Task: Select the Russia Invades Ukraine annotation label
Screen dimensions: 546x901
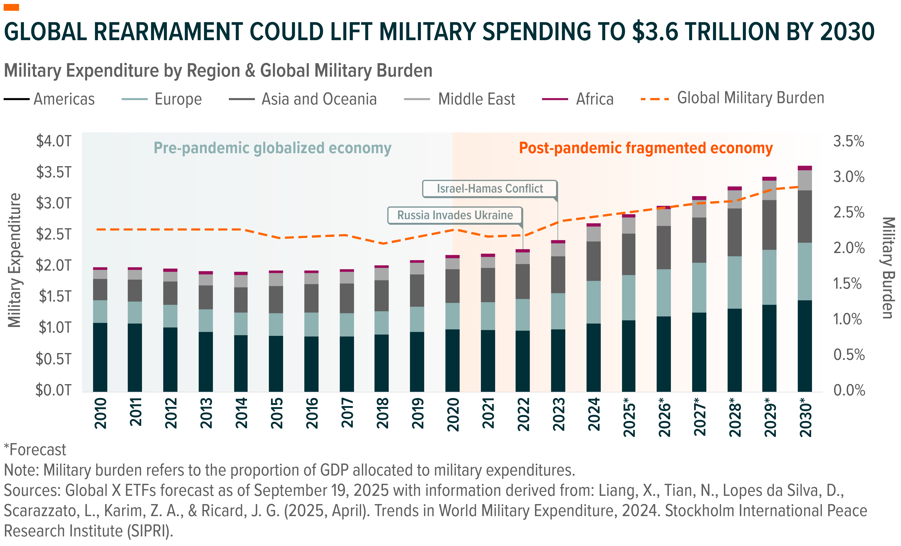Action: [455, 215]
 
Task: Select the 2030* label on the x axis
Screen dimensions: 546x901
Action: [806, 417]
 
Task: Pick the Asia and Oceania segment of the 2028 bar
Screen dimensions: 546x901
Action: [734, 232]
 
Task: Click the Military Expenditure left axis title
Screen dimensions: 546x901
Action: [15, 260]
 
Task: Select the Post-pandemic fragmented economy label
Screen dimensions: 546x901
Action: [646, 148]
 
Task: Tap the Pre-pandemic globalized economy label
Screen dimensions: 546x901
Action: [272, 148]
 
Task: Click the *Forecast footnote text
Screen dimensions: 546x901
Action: [35, 450]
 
